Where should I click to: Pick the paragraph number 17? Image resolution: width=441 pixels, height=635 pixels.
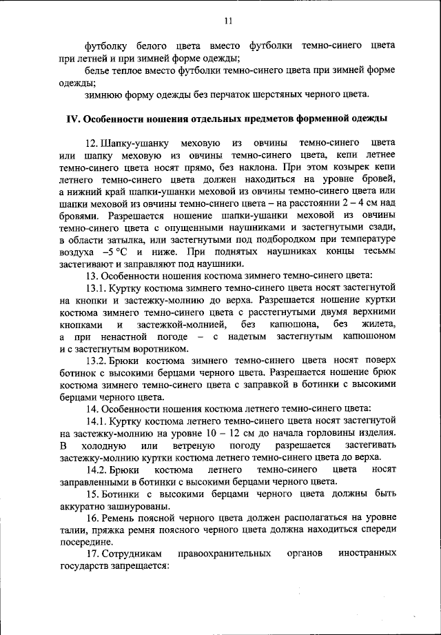[x=92, y=554]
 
